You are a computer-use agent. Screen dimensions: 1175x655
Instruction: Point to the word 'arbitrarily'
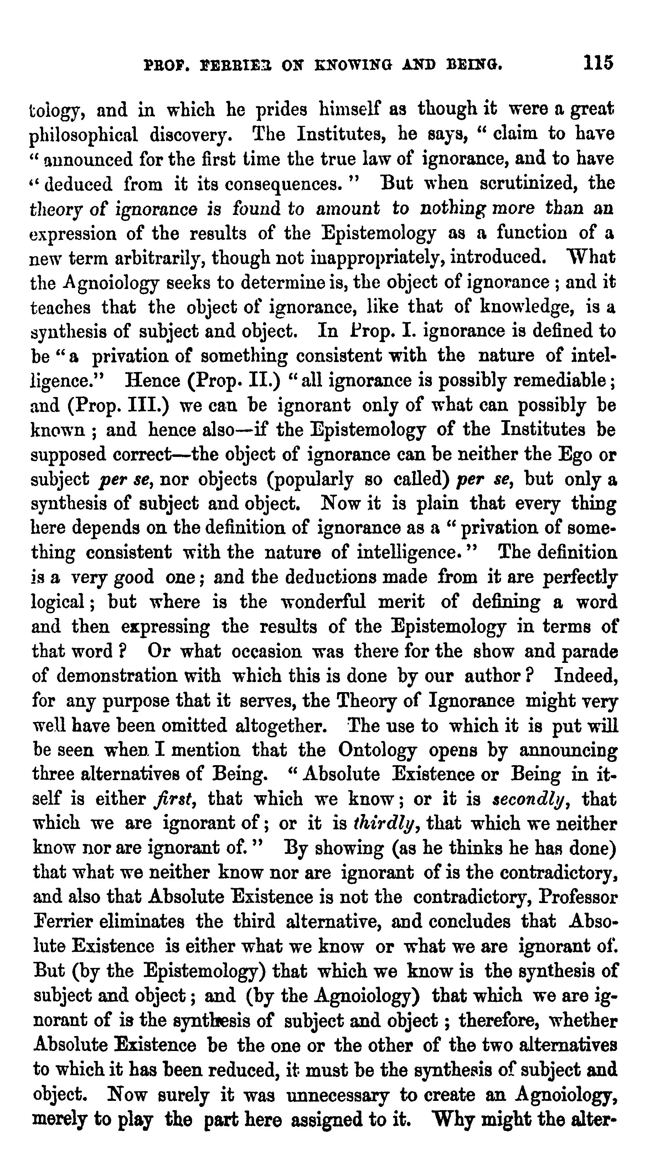coord(153,258)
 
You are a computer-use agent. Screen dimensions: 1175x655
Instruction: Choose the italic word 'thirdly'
coord(384,824)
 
